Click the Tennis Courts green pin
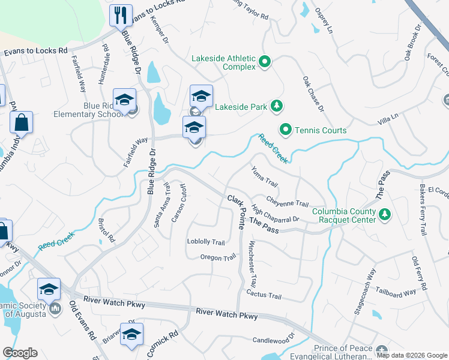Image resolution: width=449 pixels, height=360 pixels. click(x=286, y=130)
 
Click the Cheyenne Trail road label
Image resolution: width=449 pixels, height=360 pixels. click(x=288, y=203)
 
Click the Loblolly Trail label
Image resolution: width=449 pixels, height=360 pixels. click(x=206, y=242)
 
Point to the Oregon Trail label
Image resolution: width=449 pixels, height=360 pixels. click(x=218, y=257)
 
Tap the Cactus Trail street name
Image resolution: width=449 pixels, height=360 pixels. click(x=264, y=295)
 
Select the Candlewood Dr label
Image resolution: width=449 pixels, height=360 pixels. click(x=275, y=340)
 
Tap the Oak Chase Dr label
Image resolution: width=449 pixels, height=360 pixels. click(x=313, y=94)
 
